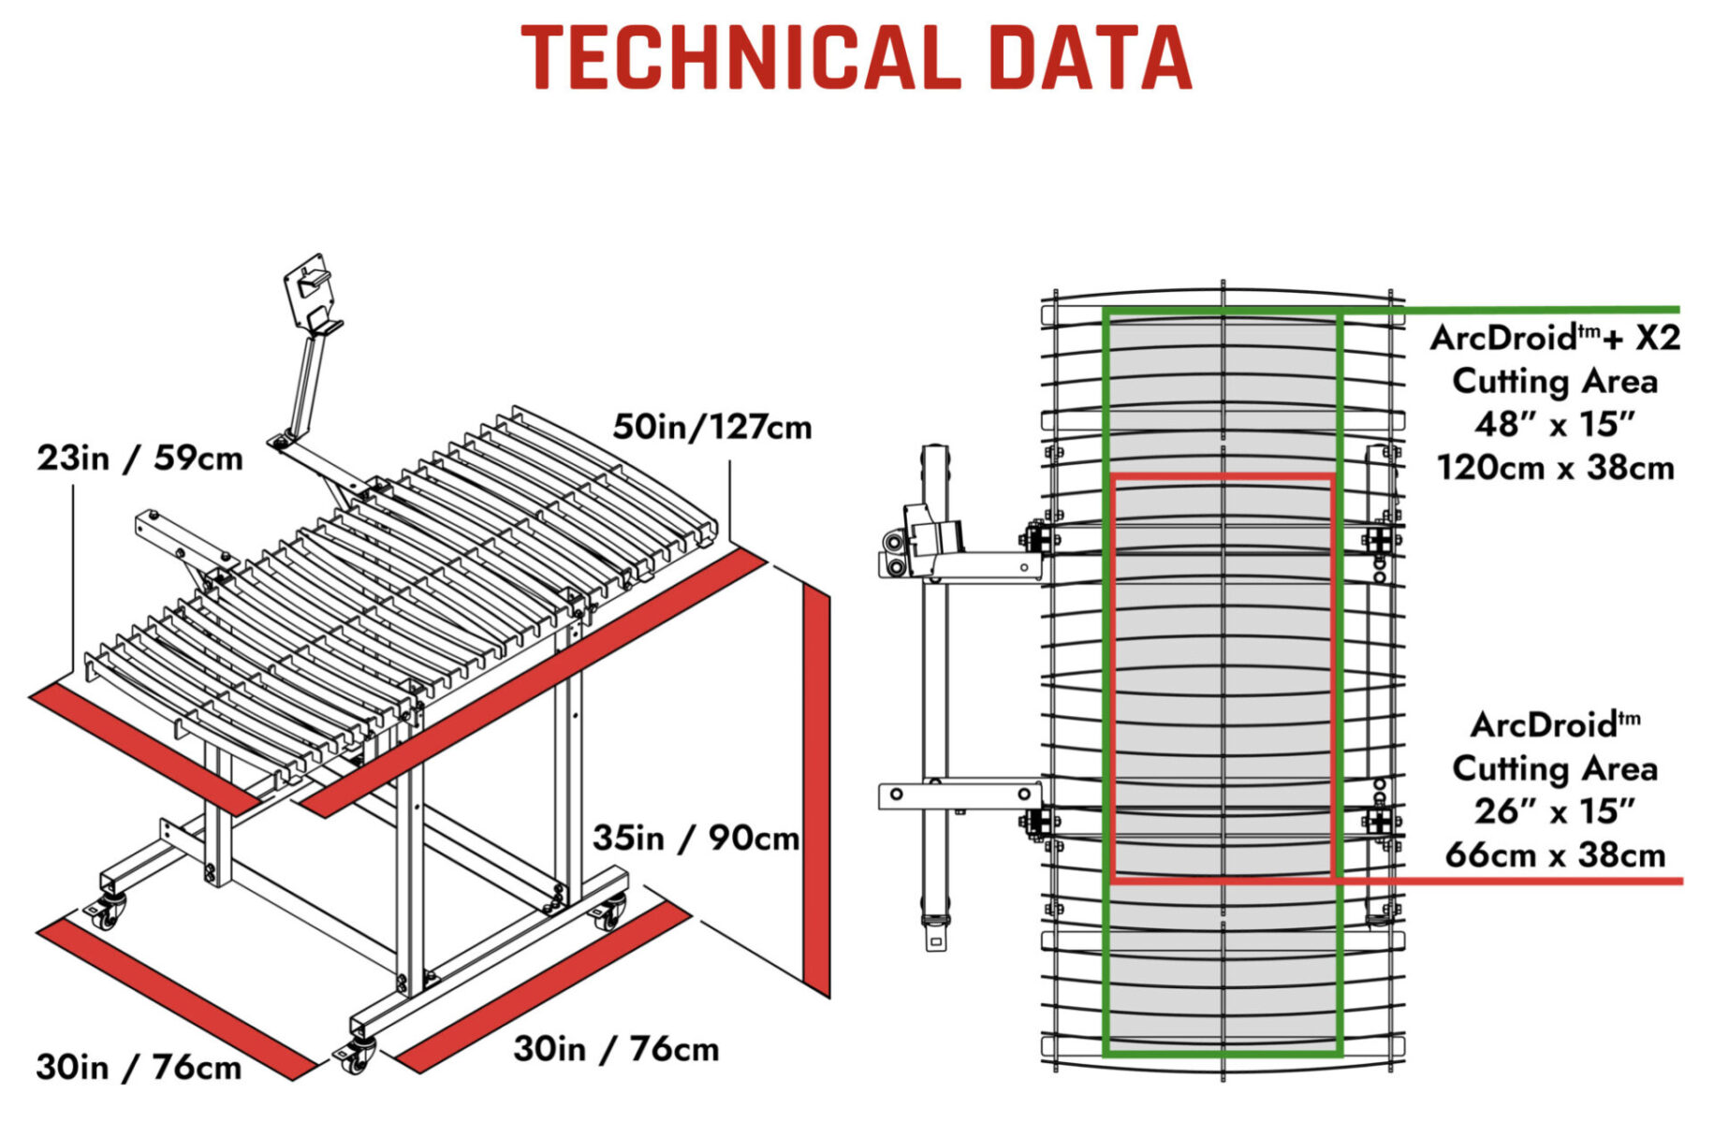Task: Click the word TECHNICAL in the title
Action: tap(740, 57)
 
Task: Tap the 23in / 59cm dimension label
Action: tap(139, 459)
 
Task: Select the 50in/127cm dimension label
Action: tap(712, 427)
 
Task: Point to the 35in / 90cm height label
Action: tap(696, 838)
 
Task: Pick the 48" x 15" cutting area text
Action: tap(1555, 424)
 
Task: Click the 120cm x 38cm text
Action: tap(1555, 467)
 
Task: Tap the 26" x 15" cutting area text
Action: tap(1555, 810)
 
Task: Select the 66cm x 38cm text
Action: tap(1555, 854)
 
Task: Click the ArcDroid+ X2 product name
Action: tap(1555, 337)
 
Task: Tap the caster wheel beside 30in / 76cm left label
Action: tap(106, 912)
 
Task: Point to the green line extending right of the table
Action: tap(1511, 309)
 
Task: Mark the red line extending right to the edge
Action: tap(1508, 881)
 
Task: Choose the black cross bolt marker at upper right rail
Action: tap(1379, 541)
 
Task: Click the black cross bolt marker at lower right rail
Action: tap(1379, 822)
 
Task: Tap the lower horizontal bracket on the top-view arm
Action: tap(960, 795)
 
